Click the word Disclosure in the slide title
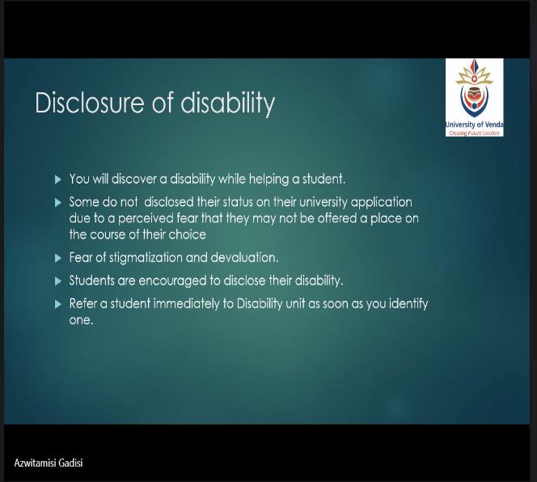[90, 102]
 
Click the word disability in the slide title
[227, 104]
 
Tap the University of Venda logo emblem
[474, 89]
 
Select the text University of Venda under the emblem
[475, 125]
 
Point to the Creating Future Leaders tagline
[475, 133]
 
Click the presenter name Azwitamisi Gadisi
[49, 463]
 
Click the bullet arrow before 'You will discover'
[58, 180]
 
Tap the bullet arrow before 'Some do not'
[58, 202]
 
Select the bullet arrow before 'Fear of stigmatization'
[58, 258]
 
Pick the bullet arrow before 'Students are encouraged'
[58, 281]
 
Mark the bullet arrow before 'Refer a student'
[58, 304]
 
